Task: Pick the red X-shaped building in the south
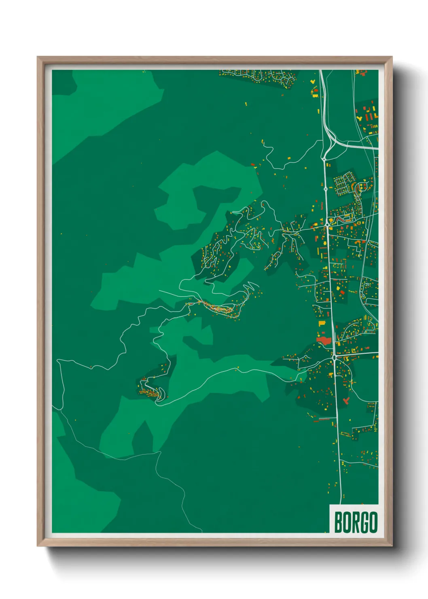click(345, 400)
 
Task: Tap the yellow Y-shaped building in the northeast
click(359, 118)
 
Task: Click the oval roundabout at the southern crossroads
click(334, 358)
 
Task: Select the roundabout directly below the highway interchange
click(324, 159)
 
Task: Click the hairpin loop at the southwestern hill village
click(160, 395)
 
